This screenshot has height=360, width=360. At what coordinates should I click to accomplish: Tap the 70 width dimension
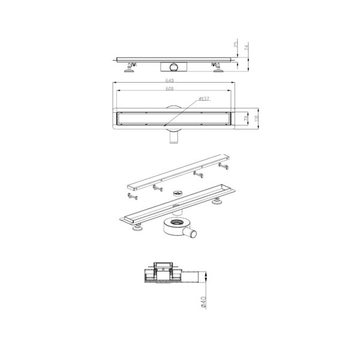pos(247,118)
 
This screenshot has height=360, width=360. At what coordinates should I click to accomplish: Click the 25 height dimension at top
pos(236,44)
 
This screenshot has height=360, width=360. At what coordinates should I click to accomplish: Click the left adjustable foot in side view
pos(130,68)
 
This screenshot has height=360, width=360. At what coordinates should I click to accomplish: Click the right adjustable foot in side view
pos(217,68)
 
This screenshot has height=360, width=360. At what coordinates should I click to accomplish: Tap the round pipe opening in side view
pos(173,65)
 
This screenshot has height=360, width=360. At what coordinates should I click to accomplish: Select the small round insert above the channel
pos(176,193)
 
